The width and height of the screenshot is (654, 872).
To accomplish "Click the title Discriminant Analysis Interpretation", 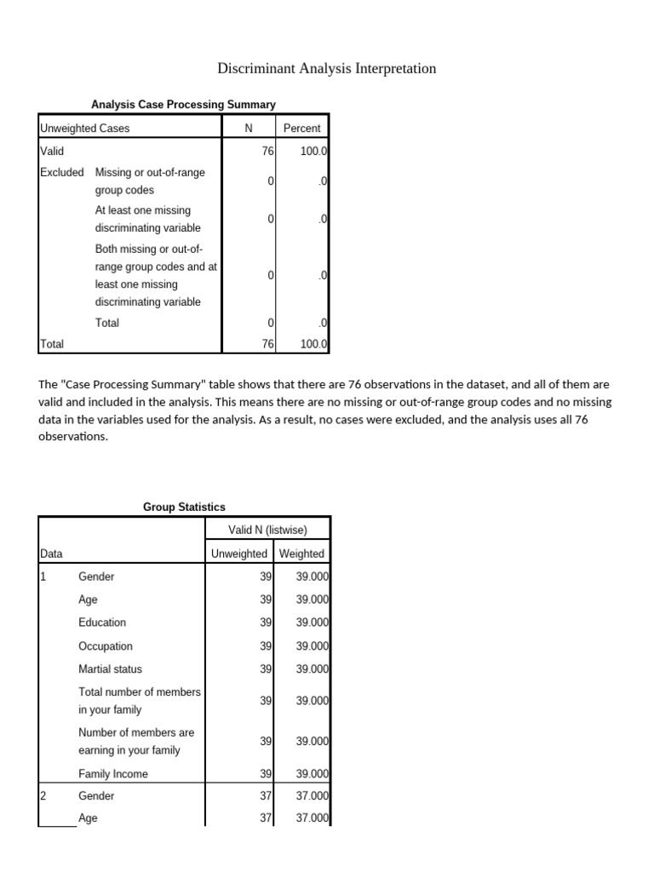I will (x=327, y=68).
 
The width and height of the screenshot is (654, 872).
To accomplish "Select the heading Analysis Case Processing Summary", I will (x=183, y=104).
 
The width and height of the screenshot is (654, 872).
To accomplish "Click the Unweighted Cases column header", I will (x=84, y=128).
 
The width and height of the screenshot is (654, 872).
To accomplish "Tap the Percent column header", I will (x=301, y=128).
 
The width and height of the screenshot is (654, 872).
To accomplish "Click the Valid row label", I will (x=52, y=150).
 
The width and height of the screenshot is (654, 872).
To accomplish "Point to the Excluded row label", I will (x=61, y=172).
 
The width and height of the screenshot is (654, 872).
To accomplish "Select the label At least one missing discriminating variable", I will (x=148, y=219).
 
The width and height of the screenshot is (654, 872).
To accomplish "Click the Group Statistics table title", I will (x=184, y=507).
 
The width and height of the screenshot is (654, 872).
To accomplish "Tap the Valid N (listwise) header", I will (x=267, y=530).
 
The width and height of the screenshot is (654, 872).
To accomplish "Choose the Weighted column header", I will (x=301, y=554).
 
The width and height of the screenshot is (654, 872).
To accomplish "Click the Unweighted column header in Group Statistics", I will (x=238, y=554).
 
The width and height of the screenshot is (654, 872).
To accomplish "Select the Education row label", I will (x=102, y=622).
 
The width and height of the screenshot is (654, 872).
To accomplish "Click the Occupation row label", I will (x=106, y=646).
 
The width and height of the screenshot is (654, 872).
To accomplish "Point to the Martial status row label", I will (x=111, y=669).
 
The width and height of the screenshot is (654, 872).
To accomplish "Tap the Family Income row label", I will (x=113, y=774).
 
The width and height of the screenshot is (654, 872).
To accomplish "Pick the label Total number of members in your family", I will (x=140, y=701).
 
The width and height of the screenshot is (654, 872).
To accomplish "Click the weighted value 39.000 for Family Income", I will (x=307, y=774).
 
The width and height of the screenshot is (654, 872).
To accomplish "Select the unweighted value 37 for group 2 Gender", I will (x=265, y=796).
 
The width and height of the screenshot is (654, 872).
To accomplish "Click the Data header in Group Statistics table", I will (x=50, y=554).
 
